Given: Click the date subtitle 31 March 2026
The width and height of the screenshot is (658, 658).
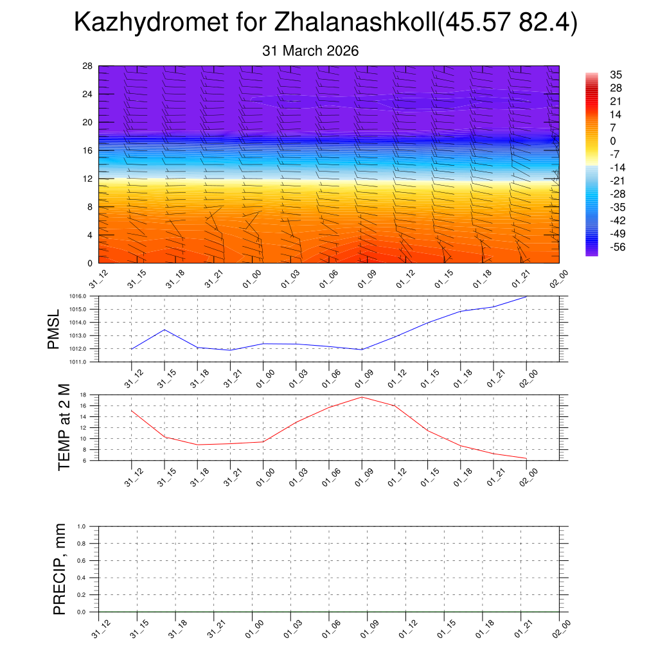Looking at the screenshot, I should [310, 51].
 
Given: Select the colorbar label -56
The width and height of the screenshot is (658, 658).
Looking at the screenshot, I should [618, 247].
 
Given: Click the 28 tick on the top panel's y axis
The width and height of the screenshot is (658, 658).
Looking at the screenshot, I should [87, 66].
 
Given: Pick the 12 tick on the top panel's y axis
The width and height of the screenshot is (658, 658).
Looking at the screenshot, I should [87, 179].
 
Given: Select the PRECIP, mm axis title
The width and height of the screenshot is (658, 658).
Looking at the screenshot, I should [60, 569].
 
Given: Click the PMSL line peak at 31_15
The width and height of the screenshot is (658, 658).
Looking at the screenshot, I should [164, 330].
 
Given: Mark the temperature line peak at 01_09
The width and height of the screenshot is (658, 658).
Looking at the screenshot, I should [362, 396].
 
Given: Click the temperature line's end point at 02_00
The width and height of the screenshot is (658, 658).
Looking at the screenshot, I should [527, 458].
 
